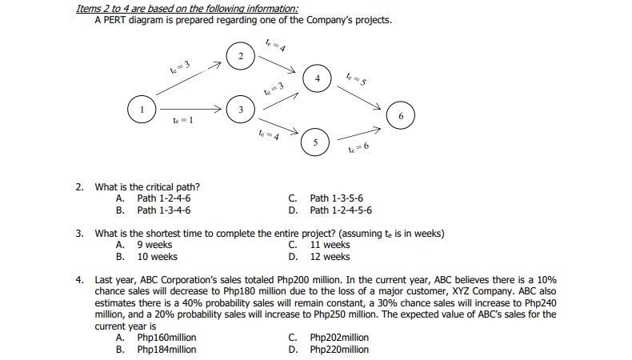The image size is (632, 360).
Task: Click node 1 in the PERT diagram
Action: pyautogui.click(x=142, y=109)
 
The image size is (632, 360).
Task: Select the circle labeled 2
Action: pyautogui.click(x=241, y=56)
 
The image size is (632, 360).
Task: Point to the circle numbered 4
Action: pyautogui.click(x=318, y=78)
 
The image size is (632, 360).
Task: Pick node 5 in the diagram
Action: pyautogui.click(x=315, y=143)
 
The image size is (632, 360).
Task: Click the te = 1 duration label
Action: pyautogui.click(x=182, y=120)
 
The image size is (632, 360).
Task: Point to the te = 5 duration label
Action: pyautogui.click(x=357, y=79)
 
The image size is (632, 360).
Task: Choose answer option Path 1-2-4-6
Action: pyautogui.click(x=164, y=198)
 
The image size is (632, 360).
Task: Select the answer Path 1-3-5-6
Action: pyautogui.click(x=336, y=198)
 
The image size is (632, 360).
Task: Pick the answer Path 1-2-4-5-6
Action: pyautogui.click(x=340, y=210)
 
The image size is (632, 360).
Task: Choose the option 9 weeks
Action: pyautogui.click(x=154, y=245)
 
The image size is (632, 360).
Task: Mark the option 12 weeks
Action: pyautogui.click(x=330, y=257)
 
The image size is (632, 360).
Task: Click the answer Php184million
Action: pyautogui.click(x=166, y=350)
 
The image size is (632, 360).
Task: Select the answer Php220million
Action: pyautogui.click(x=339, y=350)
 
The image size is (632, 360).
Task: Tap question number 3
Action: pyautogui.click(x=80, y=234)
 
